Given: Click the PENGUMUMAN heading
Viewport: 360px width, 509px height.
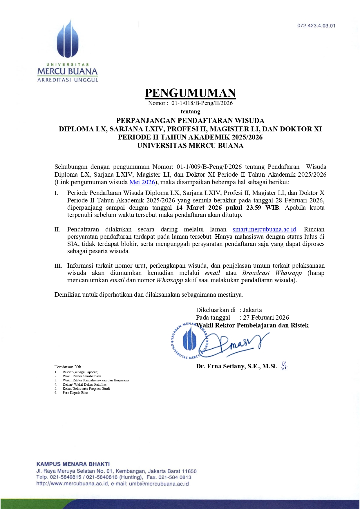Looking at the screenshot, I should click(190, 93).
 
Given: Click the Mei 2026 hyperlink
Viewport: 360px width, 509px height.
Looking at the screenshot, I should click(142, 182).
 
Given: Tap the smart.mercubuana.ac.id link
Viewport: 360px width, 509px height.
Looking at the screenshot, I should click(264, 229).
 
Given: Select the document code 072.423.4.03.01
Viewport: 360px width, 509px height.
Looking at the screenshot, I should click(316, 26).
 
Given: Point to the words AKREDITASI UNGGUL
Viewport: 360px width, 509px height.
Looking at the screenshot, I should click(68, 80).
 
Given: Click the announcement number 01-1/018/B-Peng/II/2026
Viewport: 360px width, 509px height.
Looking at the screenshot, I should click(202, 103).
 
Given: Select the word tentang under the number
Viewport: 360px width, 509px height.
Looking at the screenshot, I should click(190, 111).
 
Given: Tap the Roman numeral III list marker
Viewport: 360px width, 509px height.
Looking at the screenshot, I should click(58, 266).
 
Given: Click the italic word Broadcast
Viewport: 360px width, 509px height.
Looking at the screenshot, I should click(256, 273).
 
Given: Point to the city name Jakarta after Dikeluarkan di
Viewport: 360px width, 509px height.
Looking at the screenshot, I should click(252, 310).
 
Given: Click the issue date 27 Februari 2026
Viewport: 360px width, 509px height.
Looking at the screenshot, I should click(266, 318).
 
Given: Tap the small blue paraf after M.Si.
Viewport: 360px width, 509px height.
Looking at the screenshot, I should click(284, 366).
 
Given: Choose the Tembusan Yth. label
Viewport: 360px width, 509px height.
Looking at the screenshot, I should click(69, 367).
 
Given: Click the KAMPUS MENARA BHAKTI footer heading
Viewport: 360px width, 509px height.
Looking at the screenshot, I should click(73, 464).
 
